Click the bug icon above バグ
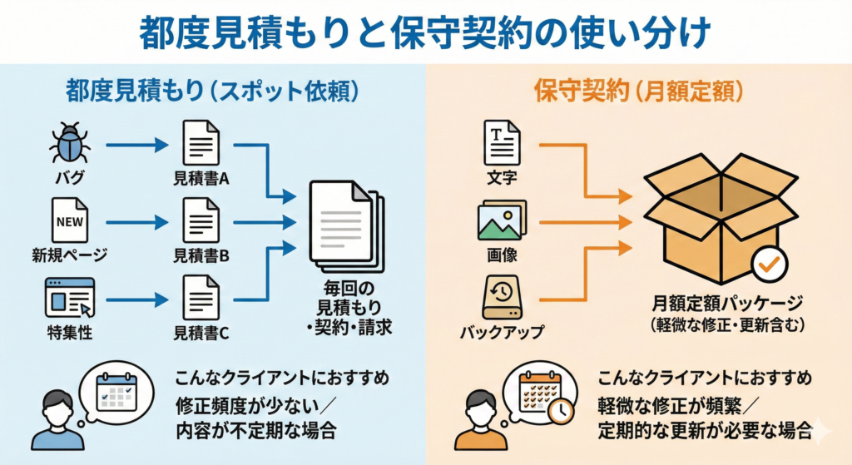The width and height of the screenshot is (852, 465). (70, 142)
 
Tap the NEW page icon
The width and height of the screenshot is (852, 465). (70, 219)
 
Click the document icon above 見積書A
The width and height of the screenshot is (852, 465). (201, 142)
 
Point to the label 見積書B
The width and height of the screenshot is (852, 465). (201, 255)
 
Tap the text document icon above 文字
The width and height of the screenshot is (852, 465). (502, 142)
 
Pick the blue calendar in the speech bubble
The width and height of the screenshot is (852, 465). (116, 389)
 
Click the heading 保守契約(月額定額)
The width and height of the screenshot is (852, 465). (638, 92)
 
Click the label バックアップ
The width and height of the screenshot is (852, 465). (502, 333)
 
